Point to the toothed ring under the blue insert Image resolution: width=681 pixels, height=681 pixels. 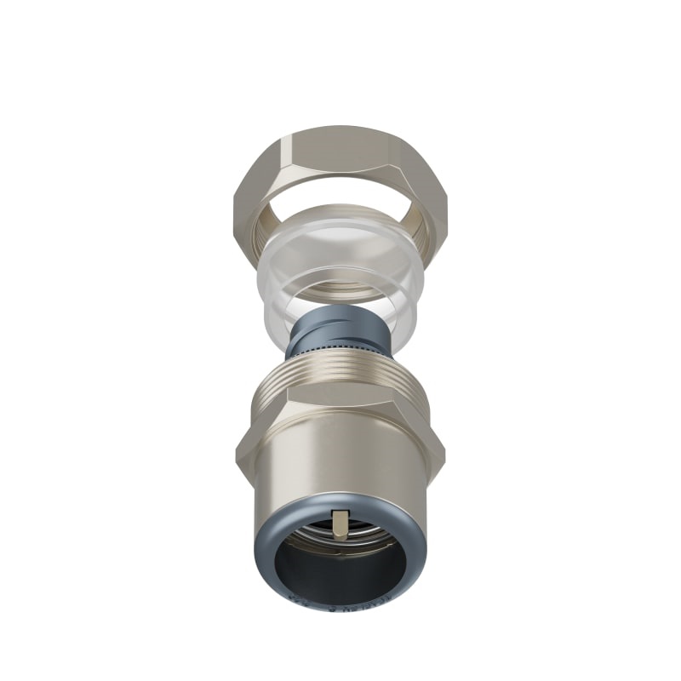click(x=336, y=349)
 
